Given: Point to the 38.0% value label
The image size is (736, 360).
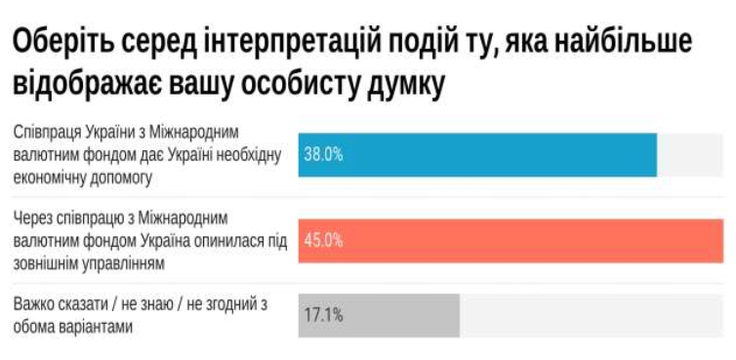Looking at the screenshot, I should pyautogui.click(x=323, y=154).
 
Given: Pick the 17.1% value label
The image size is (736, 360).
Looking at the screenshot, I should pyautogui.click(x=323, y=315).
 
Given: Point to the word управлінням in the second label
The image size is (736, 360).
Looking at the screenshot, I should pyautogui.click(x=126, y=263).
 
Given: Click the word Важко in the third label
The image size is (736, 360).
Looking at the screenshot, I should pyautogui.click(x=33, y=304).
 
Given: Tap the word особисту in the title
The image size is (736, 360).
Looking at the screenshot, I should pyautogui.click(x=307, y=85).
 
